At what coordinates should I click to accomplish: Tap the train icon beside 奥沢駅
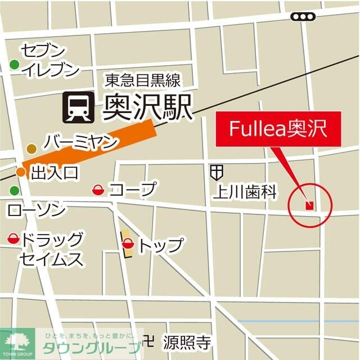pos(76,108)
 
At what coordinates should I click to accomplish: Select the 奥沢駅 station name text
pos(147,107)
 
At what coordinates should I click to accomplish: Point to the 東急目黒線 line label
pos(142,80)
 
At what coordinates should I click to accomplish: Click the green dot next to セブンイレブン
pos(15,65)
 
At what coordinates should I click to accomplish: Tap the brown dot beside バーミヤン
pos(32,148)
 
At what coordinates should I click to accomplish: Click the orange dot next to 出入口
pos(21,172)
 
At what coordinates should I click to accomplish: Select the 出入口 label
pos(55,172)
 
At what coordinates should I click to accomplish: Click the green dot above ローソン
pos(15,191)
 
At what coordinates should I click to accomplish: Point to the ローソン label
pos(36,210)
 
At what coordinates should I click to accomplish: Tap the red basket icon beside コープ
pos(97,190)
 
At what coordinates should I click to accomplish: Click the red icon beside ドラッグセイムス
pos(13,239)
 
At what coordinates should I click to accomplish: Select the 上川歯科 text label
pos(245,193)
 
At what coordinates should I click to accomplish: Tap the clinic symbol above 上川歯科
pos(217,172)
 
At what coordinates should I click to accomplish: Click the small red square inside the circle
pos(308,205)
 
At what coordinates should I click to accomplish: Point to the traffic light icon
pos(303,17)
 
